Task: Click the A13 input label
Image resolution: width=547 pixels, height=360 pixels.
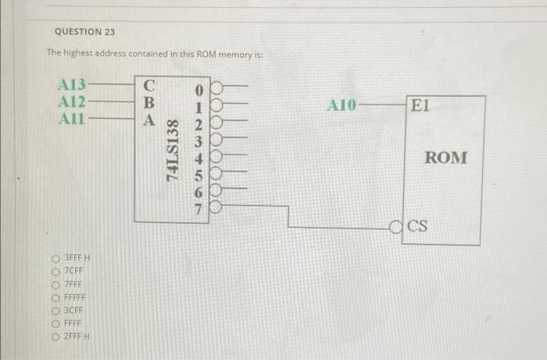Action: [73, 84]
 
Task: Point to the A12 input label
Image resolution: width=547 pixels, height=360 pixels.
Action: [73, 102]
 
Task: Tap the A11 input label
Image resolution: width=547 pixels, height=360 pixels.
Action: [73, 119]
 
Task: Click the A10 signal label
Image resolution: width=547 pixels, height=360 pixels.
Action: [341, 105]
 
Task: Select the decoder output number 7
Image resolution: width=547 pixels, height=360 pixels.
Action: [198, 209]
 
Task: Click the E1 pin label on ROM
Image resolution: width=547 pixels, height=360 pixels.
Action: [419, 105]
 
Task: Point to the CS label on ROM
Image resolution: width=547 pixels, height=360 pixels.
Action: [419, 227]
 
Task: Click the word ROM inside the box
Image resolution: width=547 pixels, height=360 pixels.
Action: [446, 158]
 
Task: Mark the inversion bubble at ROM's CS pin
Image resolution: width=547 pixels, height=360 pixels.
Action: [398, 228]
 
